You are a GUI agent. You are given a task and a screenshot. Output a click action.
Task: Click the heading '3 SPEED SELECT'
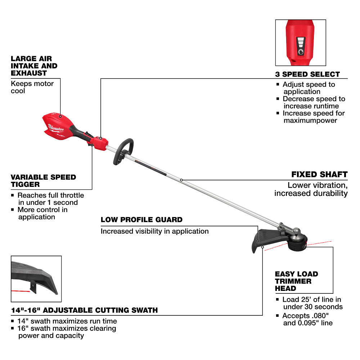pos(307,75)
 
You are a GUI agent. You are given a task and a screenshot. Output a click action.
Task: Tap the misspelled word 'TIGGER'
pos(25,184)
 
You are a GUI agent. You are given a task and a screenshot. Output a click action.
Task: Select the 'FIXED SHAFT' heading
pos(319,175)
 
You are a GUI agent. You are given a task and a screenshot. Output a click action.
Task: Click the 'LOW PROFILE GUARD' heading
pos(141,220)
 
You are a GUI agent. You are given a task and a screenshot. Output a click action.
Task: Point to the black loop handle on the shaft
pos(123,151)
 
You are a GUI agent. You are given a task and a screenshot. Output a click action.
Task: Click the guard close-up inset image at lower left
pos(36,279)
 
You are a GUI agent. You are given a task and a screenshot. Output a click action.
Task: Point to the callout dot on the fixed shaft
pos(181,180)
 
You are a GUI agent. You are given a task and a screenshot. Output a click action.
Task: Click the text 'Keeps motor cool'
pos(32,87)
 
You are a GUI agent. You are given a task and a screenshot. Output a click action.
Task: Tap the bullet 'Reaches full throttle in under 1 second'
pos(50,199)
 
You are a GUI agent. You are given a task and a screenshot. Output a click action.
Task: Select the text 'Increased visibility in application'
pos(154,231)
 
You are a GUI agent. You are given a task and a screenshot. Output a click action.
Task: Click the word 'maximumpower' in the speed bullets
pos(310,120)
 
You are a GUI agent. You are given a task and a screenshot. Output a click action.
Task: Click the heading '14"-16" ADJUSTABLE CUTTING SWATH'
pos(84,310)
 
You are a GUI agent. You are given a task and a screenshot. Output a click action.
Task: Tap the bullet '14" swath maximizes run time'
pos(67,321)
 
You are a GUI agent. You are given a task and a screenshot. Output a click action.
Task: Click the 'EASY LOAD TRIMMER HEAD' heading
pos(296,281)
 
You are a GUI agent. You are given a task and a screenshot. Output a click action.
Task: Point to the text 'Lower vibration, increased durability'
pos(311,189)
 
